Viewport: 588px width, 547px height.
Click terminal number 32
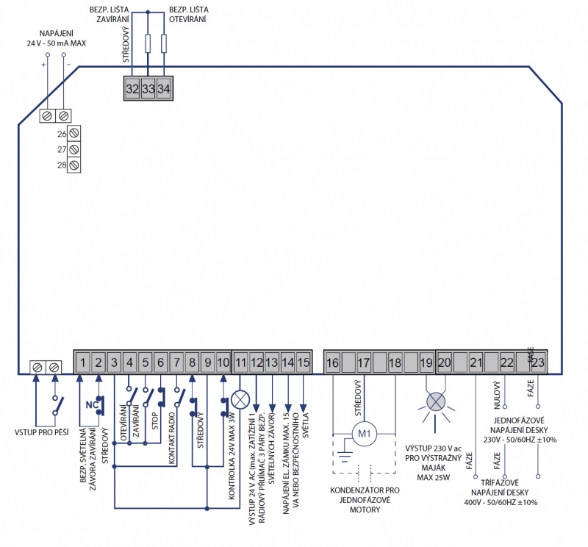click(132, 88)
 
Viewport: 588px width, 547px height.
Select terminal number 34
click(164, 88)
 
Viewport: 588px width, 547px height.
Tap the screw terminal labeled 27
click(74, 149)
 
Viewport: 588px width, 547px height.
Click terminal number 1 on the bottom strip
click(83, 362)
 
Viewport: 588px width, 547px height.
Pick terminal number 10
click(223, 362)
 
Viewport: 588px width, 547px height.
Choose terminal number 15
click(304, 362)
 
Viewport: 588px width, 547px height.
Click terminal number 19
click(426, 362)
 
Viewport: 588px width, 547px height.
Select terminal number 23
click(538, 362)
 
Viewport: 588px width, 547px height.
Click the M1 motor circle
click(364, 434)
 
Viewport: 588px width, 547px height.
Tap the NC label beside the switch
click(92, 405)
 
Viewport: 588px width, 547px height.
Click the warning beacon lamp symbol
click(436, 402)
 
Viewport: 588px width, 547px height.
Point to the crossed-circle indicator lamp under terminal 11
click(240, 399)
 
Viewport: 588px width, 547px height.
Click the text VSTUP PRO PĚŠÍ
click(42, 432)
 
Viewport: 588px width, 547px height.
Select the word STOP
click(155, 421)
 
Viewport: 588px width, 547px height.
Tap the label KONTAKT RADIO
click(172, 438)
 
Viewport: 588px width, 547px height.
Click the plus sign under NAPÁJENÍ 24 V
click(43, 65)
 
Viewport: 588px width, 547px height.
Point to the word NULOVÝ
click(497, 395)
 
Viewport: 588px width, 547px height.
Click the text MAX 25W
click(433, 478)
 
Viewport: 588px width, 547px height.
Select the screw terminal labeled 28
click(74, 165)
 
